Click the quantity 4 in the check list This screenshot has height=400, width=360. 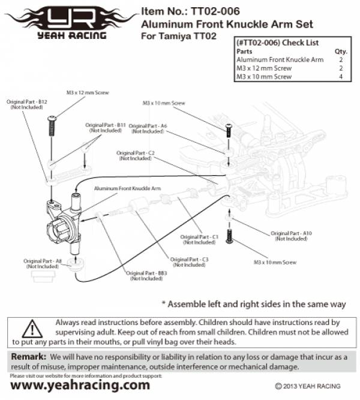pyautogui.click(x=340, y=77)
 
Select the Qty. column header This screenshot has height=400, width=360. pyautogui.click(x=340, y=52)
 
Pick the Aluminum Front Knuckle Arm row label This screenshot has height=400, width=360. pyautogui.click(x=280, y=60)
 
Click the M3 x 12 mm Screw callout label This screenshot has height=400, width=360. pyautogui.click(x=88, y=93)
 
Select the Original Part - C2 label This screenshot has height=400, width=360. pyautogui.click(x=136, y=156)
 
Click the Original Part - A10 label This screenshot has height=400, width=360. pyautogui.click(x=292, y=235)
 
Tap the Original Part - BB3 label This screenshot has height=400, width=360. pyautogui.click(x=148, y=276)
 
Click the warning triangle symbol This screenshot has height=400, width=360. pyautogui.click(x=32, y=329)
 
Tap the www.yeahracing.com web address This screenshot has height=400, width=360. pyautogui.click(x=80, y=384)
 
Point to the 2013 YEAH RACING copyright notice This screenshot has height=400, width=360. pyautogui.click(x=307, y=386)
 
